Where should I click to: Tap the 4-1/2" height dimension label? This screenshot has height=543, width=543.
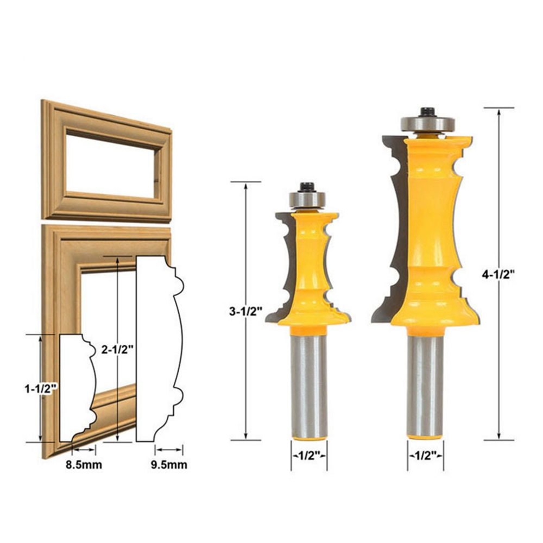pyautogui.click(x=498, y=274)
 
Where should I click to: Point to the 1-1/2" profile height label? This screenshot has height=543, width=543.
pyautogui.click(x=41, y=389)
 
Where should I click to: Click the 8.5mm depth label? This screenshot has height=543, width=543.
pyautogui.click(x=84, y=464)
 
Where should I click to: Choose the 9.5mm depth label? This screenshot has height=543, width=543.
pyautogui.click(x=169, y=464)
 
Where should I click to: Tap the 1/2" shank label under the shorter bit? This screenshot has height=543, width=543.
pyautogui.click(x=310, y=456)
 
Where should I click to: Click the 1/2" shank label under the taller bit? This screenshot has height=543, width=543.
pyautogui.click(x=426, y=456)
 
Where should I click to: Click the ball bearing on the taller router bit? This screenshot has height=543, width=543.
pyautogui.click(x=428, y=124)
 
